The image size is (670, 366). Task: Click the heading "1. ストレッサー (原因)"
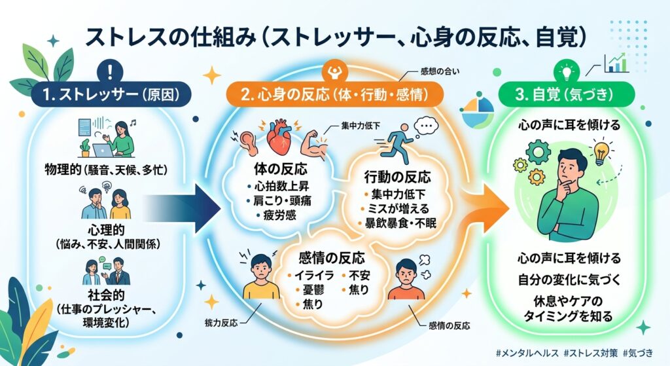point(111,94)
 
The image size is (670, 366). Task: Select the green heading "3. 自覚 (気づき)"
point(565,94)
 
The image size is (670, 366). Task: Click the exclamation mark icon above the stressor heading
point(110,71)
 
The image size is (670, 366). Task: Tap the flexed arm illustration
point(314,144)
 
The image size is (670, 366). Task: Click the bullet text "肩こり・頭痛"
point(283,200)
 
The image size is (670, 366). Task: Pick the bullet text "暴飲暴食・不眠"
point(400,223)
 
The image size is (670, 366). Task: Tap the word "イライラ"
point(314,276)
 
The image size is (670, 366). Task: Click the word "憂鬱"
point(313,290)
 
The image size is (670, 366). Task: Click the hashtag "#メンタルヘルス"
point(527,353)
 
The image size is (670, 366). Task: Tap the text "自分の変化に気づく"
point(569,280)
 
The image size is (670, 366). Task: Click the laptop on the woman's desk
point(102,151)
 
